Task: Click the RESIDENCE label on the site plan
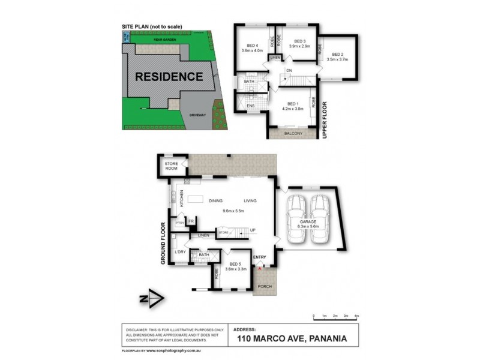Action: pyautogui.click(x=169, y=77)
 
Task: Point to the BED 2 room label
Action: pyautogui.click(x=338, y=54)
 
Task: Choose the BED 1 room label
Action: pyautogui.click(x=293, y=104)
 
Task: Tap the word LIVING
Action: pyautogui.click(x=251, y=200)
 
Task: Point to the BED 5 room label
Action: pyautogui.click(x=236, y=265)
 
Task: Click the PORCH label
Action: pyautogui.click(x=265, y=286)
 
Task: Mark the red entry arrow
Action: pyautogui.click(x=259, y=269)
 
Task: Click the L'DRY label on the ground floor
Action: pyautogui.click(x=179, y=251)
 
